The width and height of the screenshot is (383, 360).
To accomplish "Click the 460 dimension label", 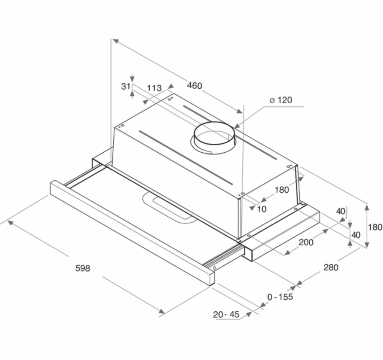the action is coord(194,86).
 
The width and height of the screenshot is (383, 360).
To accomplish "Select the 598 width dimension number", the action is coord(83,268).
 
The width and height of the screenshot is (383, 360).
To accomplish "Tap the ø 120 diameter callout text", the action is coord(281,100).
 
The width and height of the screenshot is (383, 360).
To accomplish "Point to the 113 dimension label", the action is coord(154,88).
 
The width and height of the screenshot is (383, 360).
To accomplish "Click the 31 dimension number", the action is coord(126,86).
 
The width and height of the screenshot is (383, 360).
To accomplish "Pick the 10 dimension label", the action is coord(262,209).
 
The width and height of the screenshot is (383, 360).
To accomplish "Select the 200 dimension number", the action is coord(306,242).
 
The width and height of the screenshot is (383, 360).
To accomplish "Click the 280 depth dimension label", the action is coord(331,268).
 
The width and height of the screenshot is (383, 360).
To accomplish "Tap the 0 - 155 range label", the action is coord(280,297).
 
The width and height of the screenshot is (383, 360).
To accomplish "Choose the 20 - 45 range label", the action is coord(226,314).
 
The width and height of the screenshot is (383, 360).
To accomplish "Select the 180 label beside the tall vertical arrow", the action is coord(375,227).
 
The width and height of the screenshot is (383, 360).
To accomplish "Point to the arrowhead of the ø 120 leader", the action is coord(236,126).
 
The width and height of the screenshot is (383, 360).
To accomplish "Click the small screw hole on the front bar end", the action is coord(214,268).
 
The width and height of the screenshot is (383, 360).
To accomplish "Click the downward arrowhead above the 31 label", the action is coord(132,79).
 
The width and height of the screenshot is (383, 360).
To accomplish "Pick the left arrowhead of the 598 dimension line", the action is coord(10,222).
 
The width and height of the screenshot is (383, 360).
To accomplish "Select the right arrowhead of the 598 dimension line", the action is coord(162,311).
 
